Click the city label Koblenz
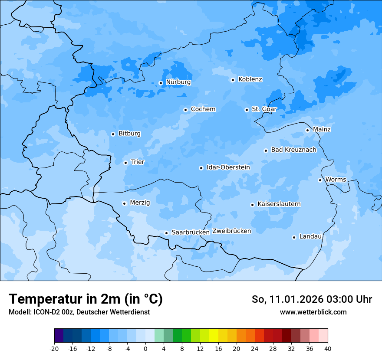pyautogui.click(x=250, y=79)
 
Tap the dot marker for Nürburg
pyautogui.click(x=161, y=83)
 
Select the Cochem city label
pyautogui.click(x=203, y=109)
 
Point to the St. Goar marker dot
pyautogui.click(x=247, y=110)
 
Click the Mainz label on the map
pyautogui.click(x=322, y=129)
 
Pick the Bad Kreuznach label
pyautogui.click(x=293, y=150)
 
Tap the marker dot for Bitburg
pyautogui.click(x=113, y=134)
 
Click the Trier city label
pyautogui.click(x=138, y=162)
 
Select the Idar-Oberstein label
pyautogui.click(x=228, y=167)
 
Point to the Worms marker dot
pyautogui.click(x=320, y=180)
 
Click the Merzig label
pyautogui.click(x=140, y=203)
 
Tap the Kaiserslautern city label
pyautogui.click(x=279, y=204)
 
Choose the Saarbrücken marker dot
pyautogui.click(x=166, y=233)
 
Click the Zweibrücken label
pyautogui.click(x=231, y=231)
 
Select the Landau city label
pyautogui.click(x=310, y=236)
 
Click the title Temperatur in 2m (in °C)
pyautogui.click(x=86, y=299)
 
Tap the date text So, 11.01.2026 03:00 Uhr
pyautogui.click(x=312, y=299)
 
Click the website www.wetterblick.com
pyautogui.click(x=313, y=312)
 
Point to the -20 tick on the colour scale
pyautogui.click(x=54, y=348)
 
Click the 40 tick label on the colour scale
pyautogui.click(x=328, y=348)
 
